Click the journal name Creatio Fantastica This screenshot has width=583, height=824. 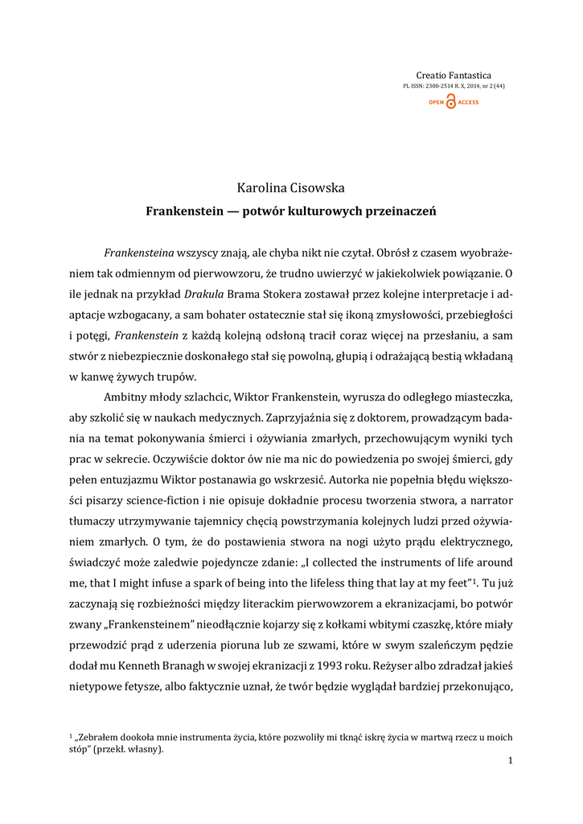(465, 74)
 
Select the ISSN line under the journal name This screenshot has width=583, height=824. (454, 85)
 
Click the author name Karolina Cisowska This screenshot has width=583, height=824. (290, 187)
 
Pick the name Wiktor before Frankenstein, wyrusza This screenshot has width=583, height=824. (277, 398)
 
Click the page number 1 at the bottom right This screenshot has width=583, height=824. (510, 761)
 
